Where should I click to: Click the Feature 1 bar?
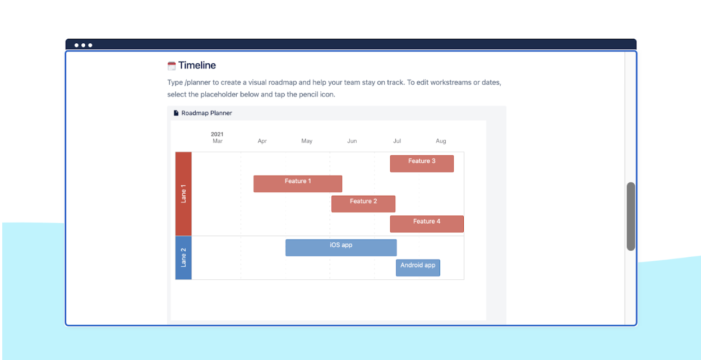click(297, 184)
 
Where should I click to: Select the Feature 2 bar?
click(363, 204)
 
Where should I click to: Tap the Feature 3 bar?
click(422, 164)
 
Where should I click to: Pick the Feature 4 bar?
click(426, 224)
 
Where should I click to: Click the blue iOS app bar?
click(341, 248)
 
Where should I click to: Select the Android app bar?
click(418, 267)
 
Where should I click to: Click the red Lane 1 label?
click(183, 193)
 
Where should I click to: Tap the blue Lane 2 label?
click(183, 257)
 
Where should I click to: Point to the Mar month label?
click(218, 141)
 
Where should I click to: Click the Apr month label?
click(262, 141)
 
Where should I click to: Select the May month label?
click(307, 141)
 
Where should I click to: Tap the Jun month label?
click(352, 141)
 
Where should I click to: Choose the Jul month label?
click(397, 141)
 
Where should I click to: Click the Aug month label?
click(441, 141)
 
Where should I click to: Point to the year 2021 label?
click(217, 134)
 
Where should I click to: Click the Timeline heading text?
click(197, 66)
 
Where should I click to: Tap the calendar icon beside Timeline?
click(172, 66)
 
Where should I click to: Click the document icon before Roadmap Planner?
click(176, 113)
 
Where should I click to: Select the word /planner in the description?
click(199, 82)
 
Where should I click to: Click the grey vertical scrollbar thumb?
click(631, 216)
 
